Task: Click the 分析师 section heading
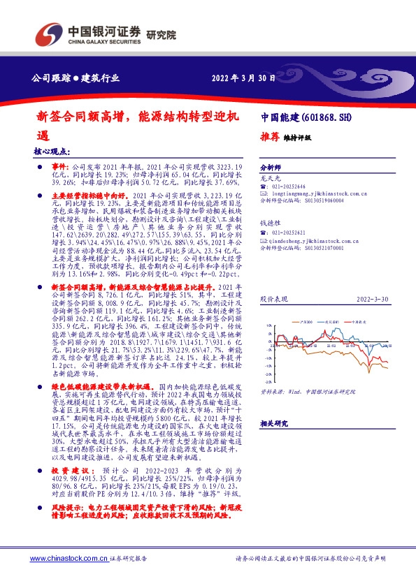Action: [270, 168]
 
